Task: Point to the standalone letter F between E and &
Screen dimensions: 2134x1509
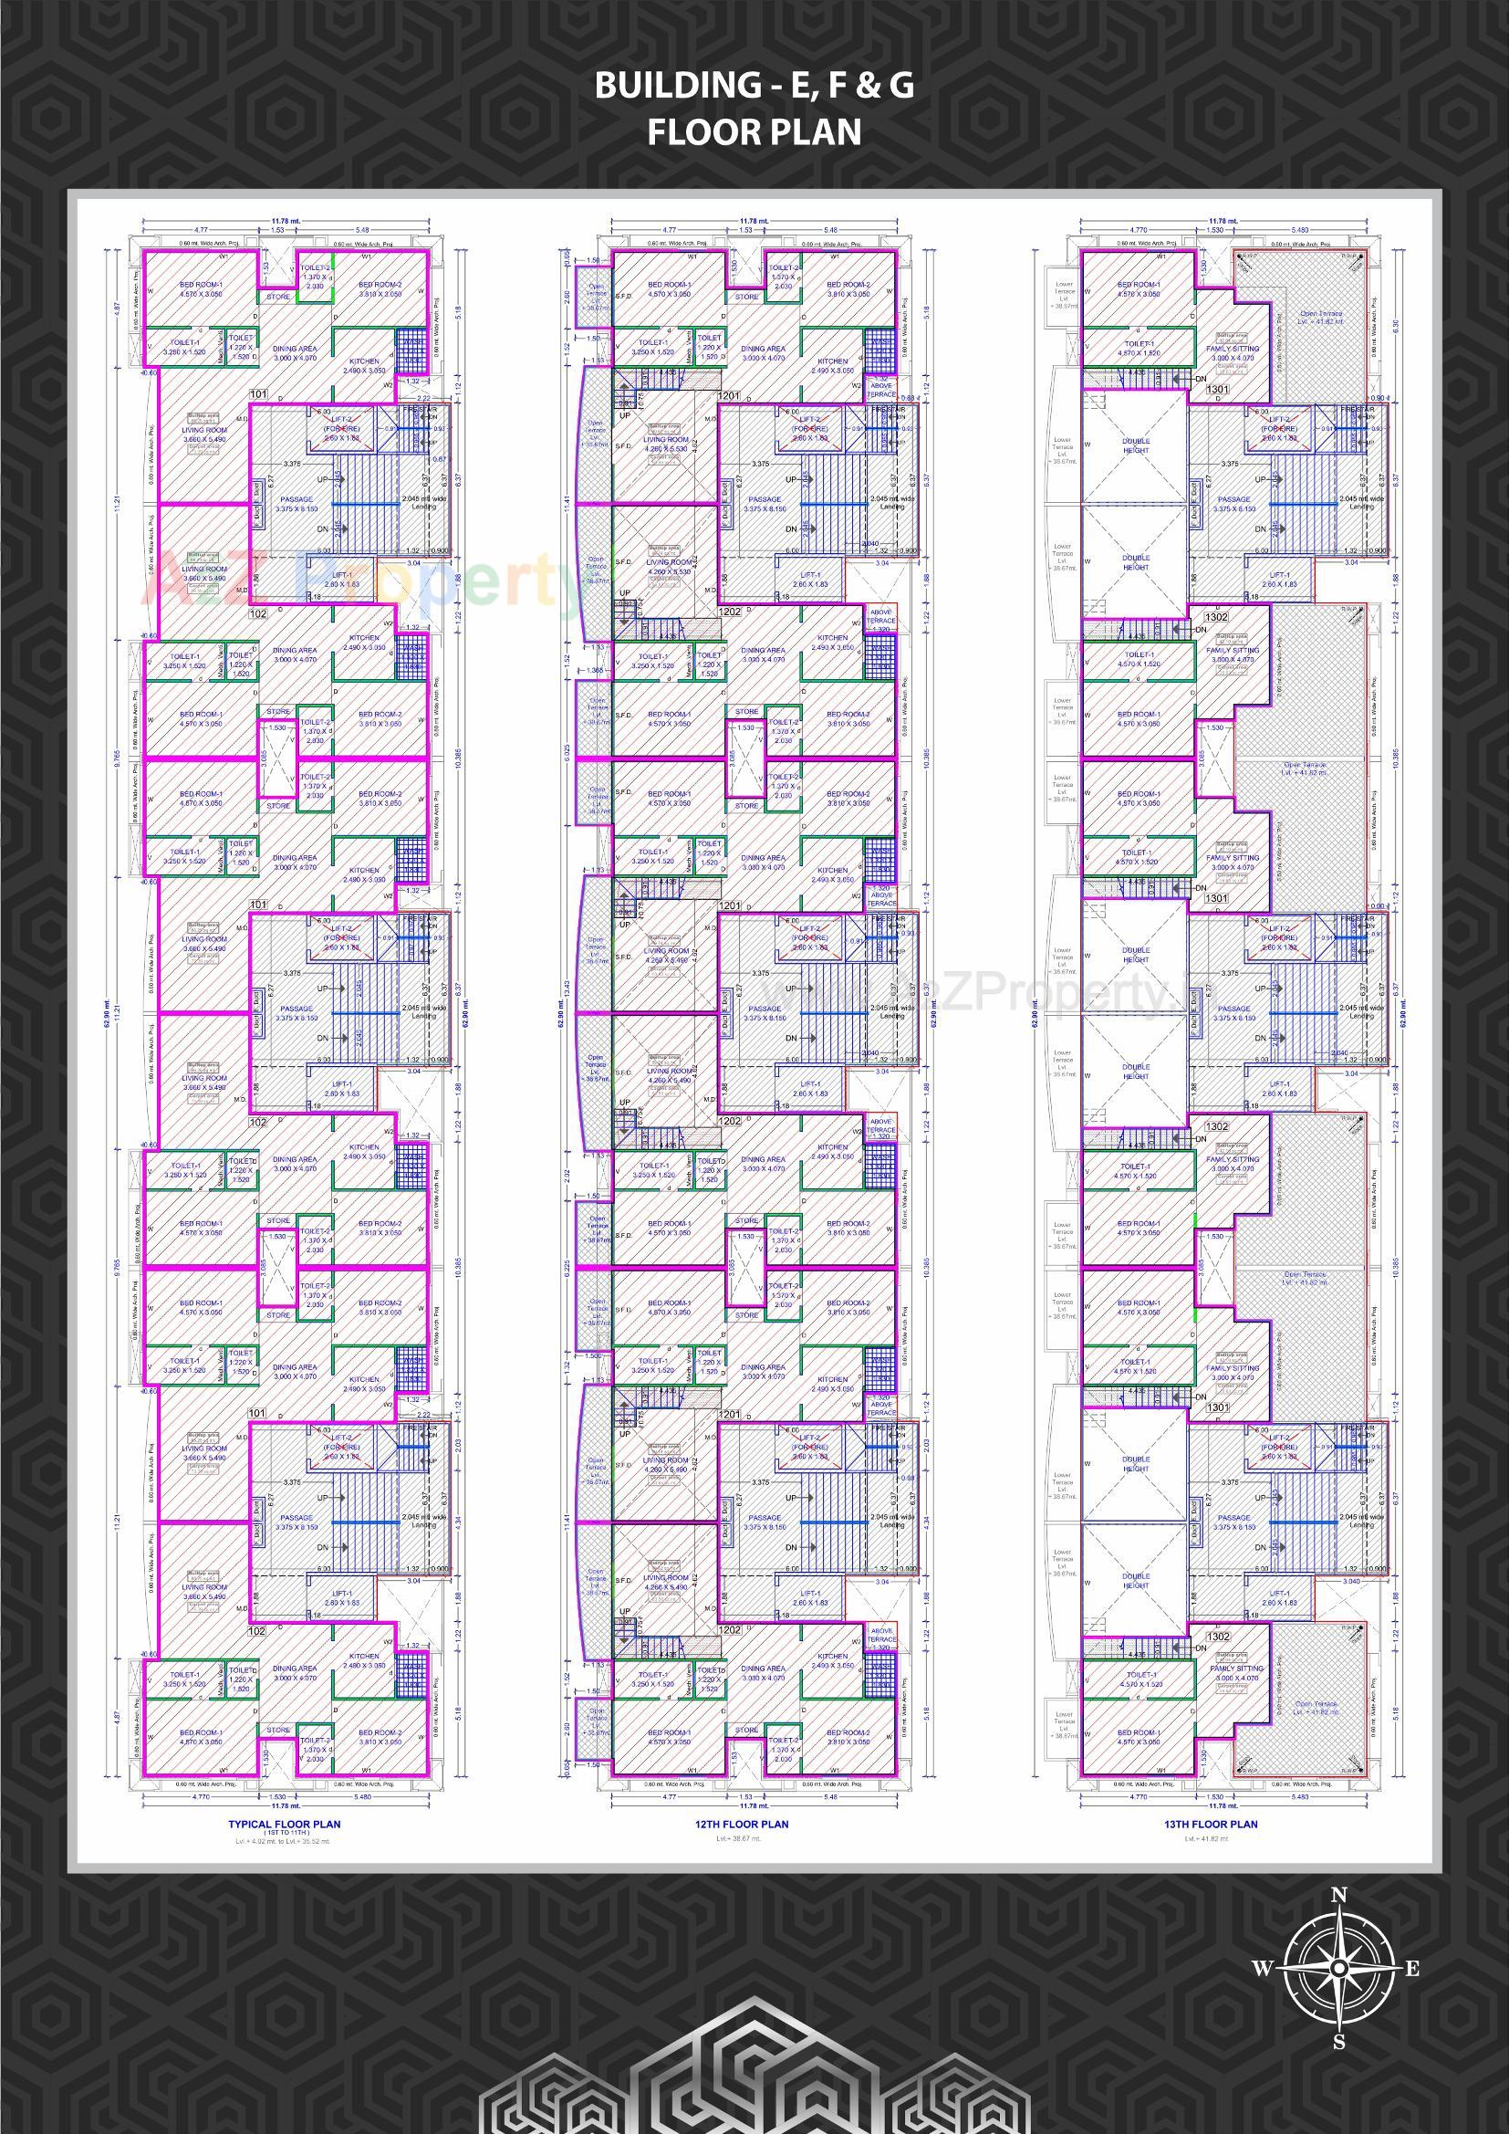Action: pos(822,86)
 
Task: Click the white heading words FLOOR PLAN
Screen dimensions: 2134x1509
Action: pos(754,132)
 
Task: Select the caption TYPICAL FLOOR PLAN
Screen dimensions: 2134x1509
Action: pos(285,1824)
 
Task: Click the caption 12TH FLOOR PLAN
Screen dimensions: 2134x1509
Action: pos(742,1824)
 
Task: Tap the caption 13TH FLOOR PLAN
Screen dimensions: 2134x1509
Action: pos(1210,1824)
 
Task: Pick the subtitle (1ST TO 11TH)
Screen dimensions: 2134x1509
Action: pos(285,1832)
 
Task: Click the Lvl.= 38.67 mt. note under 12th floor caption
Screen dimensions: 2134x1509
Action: pos(742,1838)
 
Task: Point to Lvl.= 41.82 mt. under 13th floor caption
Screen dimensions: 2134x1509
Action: pos(1210,1838)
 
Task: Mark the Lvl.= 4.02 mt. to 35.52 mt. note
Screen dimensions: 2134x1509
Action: pos(285,1840)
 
